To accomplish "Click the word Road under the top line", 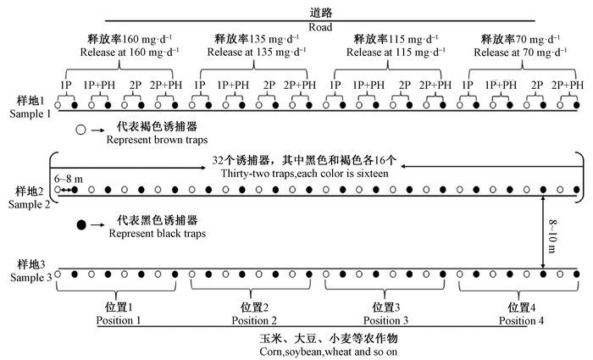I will click(x=320, y=25).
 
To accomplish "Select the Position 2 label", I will click(x=253, y=321).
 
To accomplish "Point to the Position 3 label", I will click(x=385, y=321).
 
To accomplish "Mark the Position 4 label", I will click(x=520, y=321).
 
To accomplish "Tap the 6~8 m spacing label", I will click(x=67, y=180).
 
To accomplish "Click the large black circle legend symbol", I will click(x=81, y=225).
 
